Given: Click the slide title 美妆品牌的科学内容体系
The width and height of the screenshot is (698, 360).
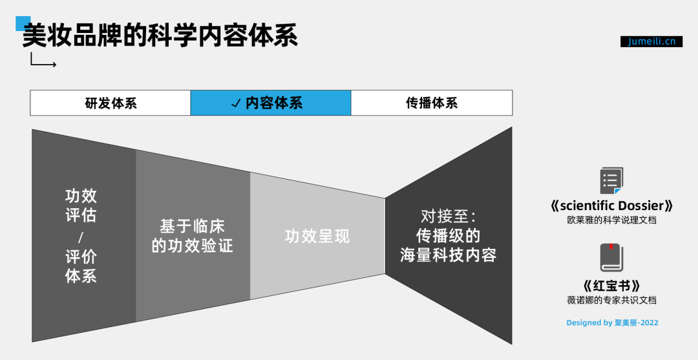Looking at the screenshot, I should point(160,36).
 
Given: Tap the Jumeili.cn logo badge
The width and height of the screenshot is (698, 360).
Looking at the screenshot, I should point(651,41).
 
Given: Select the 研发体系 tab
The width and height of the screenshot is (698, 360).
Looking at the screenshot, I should point(111,103).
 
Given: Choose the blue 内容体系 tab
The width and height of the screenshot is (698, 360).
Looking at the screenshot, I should point(271,103).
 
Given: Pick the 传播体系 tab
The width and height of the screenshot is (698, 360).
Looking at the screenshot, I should point(432,103).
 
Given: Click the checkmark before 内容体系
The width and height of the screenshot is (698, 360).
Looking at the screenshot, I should point(236,104).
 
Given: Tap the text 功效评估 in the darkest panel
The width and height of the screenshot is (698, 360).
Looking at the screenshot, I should point(81,205).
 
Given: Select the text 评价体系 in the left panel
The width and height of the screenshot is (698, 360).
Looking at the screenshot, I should point(81,266).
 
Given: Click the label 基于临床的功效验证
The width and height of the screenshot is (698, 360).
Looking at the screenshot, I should point(192,236).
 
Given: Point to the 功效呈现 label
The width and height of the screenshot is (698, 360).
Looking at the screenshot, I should point(317,237).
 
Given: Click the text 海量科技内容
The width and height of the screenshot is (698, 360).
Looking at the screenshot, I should point(448,255).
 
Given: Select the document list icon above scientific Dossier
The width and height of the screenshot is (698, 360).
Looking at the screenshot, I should point(611,181).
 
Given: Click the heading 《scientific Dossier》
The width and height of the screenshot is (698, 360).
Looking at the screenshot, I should point(611,206).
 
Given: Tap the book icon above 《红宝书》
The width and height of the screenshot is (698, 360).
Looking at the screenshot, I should point(611,258).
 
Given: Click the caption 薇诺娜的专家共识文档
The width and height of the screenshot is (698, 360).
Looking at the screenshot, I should point(611,300).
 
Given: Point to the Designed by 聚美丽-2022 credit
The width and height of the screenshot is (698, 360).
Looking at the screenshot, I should point(612,323).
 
